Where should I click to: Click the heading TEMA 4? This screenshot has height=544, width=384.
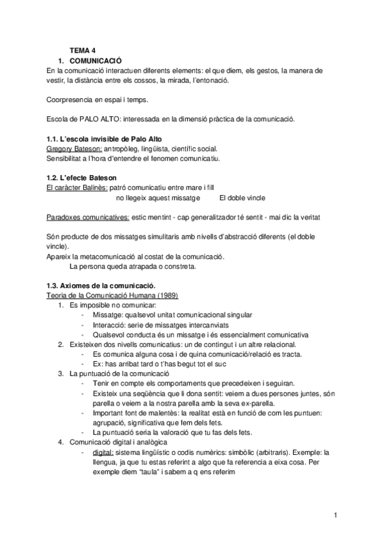83,49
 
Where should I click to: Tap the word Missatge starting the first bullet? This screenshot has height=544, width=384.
108,314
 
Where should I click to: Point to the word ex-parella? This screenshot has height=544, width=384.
255,403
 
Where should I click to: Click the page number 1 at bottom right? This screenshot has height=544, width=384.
335,515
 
